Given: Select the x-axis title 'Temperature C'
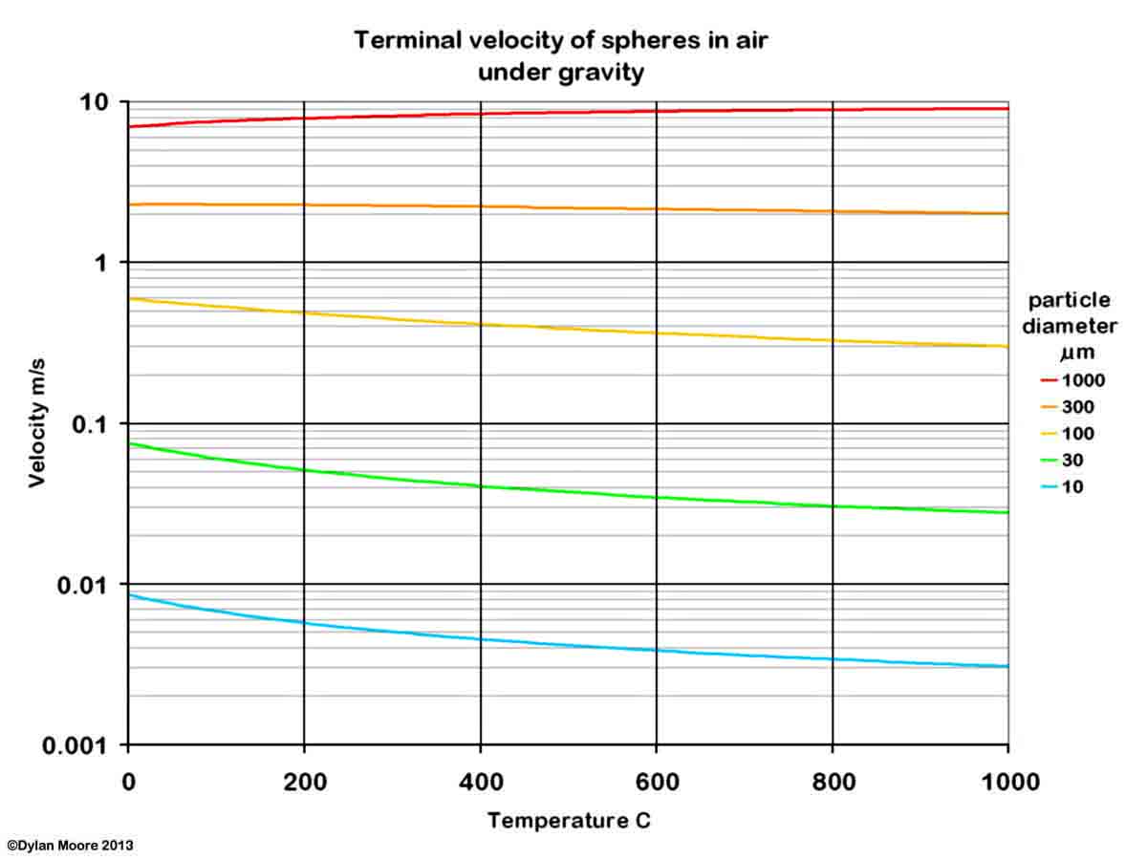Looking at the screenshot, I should click(569, 820).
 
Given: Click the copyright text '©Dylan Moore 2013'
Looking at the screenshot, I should click(70, 846).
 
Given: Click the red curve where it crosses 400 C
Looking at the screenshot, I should click(480, 114).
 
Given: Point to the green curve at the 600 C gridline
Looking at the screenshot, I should click(657, 497).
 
